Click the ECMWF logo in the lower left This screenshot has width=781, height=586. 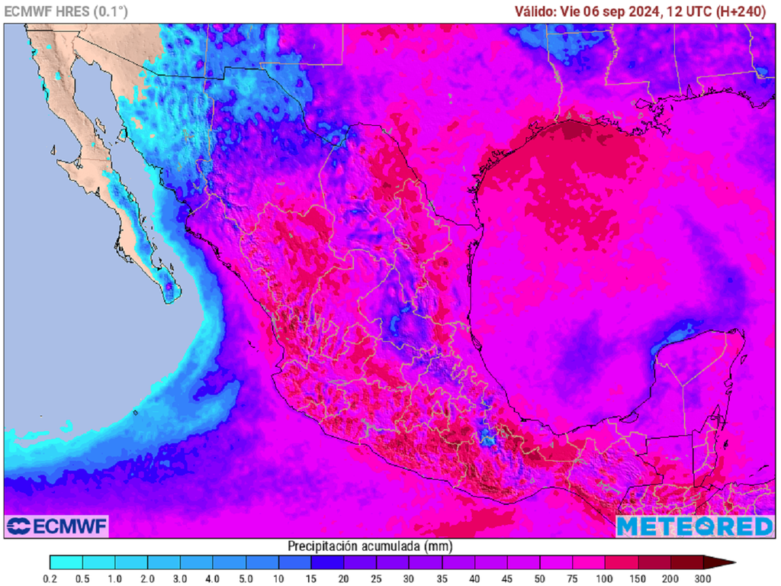tap(57, 526)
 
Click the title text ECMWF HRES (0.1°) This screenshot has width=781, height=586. tap(66, 11)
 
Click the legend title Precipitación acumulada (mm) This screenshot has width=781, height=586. tap(369, 546)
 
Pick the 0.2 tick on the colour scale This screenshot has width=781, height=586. tap(50, 579)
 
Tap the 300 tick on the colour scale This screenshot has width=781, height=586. tap(703, 579)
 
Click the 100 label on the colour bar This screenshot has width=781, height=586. tap(605, 579)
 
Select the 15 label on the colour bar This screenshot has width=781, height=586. tap(311, 579)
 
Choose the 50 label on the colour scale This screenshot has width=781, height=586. tap(539, 579)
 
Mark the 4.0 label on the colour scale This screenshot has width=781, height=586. tap(213, 579)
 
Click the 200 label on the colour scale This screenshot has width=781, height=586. tap(670, 579)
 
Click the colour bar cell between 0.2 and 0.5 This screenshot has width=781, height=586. tap(66, 563)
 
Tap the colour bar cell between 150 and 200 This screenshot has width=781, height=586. tap(654, 563)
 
